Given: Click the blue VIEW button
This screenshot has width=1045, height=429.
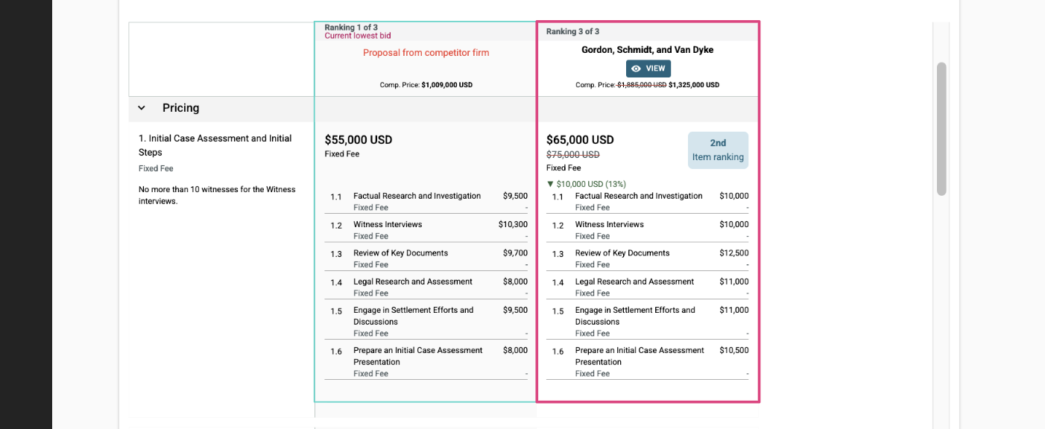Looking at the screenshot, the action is tap(648, 69).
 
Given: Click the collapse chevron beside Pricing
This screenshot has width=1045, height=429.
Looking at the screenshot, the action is tap(142, 108).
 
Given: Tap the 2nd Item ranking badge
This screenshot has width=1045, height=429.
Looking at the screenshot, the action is tap(718, 150).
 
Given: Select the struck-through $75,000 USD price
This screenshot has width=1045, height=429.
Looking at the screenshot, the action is tap(573, 154).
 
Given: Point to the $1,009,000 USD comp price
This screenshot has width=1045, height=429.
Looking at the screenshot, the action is tap(447, 85).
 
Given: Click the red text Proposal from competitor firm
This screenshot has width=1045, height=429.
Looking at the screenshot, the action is tap(426, 53).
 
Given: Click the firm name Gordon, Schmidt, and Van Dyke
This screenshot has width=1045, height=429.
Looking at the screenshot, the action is tap(648, 50).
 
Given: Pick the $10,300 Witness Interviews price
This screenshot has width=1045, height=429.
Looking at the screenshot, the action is tap(513, 224).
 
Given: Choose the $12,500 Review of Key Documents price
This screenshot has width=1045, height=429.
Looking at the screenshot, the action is tap(734, 252).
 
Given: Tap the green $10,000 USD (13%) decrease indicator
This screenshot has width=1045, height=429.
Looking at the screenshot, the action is tap(587, 184).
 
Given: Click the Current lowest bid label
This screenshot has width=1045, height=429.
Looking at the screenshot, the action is tap(358, 36).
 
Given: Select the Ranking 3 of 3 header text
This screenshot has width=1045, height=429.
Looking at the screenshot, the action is tap(573, 31).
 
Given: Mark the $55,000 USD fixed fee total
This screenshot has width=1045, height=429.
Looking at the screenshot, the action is tap(359, 140).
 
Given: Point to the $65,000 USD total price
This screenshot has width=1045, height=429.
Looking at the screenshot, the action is tap(580, 140).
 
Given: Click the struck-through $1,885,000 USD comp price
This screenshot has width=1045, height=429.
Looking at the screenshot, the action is tap(642, 85).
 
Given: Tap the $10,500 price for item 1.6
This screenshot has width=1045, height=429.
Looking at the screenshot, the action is tap(734, 350).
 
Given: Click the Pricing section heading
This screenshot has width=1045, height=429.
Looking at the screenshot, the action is tap(180, 108).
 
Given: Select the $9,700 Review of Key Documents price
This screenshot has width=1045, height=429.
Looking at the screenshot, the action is tap(515, 252).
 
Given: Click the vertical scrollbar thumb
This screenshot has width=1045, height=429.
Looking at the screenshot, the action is tap(941, 129).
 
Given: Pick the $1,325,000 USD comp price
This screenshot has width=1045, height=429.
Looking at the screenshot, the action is tap(694, 85).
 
